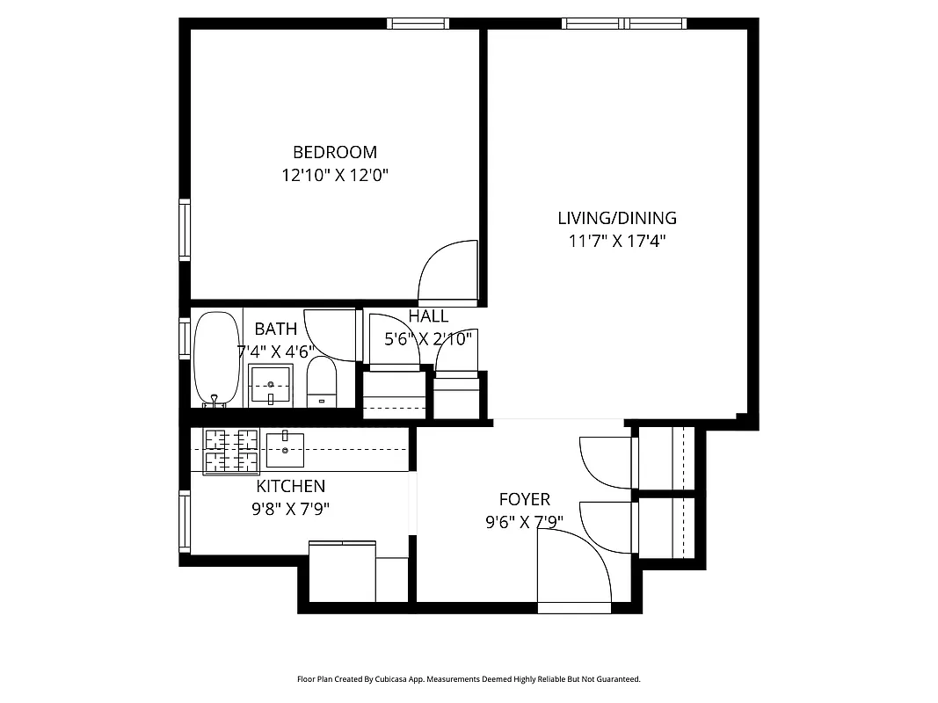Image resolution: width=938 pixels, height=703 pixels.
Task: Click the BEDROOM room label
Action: pos(334,152)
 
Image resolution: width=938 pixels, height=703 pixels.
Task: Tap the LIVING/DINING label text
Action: pos(617,218)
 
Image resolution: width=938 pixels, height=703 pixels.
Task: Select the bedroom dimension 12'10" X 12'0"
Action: pos(334,175)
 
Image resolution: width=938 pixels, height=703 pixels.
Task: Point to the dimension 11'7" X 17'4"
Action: pos(617,241)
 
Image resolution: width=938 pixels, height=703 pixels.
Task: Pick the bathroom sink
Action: pos(271,384)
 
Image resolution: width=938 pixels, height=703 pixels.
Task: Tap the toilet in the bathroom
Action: pos(322,382)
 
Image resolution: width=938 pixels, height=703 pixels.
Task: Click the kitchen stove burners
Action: pos(231,450)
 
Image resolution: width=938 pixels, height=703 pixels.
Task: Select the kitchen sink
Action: pos(285,449)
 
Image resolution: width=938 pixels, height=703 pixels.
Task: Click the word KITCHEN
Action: pos(290,486)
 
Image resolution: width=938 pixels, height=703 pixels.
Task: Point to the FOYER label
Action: pos(524,499)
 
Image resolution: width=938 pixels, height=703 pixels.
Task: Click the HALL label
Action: pos(428,316)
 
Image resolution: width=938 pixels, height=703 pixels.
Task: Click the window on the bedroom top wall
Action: pos(419,24)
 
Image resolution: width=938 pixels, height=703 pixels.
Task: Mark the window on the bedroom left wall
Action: pos(185,229)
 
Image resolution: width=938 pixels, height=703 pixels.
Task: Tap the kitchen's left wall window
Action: pos(185,521)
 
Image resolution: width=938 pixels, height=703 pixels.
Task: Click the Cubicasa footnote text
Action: pos(469,679)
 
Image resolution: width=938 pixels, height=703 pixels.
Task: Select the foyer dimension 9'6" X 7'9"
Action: pos(524,522)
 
